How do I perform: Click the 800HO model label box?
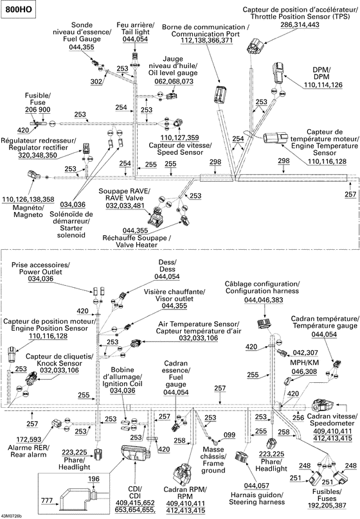click(19, 9)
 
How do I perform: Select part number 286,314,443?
click(300, 25)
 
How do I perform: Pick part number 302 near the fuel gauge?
click(96, 82)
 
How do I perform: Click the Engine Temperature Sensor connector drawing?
click(275, 138)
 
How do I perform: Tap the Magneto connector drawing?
click(34, 174)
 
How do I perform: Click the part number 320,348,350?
click(38, 155)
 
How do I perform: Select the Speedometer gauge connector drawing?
click(323, 405)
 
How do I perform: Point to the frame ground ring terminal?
click(215, 441)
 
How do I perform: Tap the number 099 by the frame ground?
click(230, 435)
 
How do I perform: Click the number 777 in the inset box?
click(47, 500)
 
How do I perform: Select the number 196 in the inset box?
click(94, 479)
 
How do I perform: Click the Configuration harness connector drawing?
click(265, 324)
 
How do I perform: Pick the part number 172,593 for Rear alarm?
click(29, 439)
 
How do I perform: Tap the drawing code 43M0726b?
click(12, 516)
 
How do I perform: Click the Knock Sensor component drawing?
click(33, 378)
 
